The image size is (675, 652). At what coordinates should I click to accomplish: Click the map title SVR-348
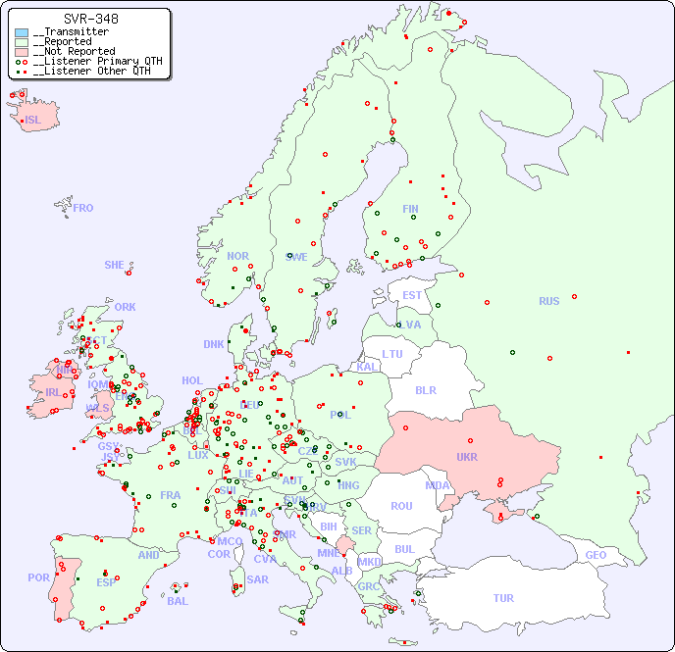pos(91,19)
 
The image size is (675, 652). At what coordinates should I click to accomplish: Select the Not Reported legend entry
pos(75,51)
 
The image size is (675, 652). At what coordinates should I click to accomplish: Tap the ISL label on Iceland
pos(33,121)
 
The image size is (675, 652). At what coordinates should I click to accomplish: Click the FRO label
pos(82,208)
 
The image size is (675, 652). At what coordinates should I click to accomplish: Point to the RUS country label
pos(548,301)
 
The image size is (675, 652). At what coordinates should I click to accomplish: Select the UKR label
pos(466,457)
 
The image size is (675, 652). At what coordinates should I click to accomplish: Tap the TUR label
pos(503,598)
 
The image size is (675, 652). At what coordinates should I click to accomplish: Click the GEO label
pos(596,555)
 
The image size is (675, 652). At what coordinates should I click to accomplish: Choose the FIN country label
pos(410,209)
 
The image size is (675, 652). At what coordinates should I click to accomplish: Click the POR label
pos(38,577)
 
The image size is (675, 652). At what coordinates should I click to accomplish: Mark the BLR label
pos(426,389)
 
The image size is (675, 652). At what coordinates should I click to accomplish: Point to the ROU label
pos(401,506)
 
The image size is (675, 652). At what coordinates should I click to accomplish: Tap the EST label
pos(412,295)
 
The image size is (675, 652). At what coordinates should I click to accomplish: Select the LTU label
pos(392,354)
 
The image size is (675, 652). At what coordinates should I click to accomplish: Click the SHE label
pos(114,265)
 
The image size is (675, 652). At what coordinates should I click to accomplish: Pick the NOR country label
pos(237,256)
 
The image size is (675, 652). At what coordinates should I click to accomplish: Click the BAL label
pos(177,601)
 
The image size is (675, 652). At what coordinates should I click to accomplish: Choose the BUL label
pos(404,549)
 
